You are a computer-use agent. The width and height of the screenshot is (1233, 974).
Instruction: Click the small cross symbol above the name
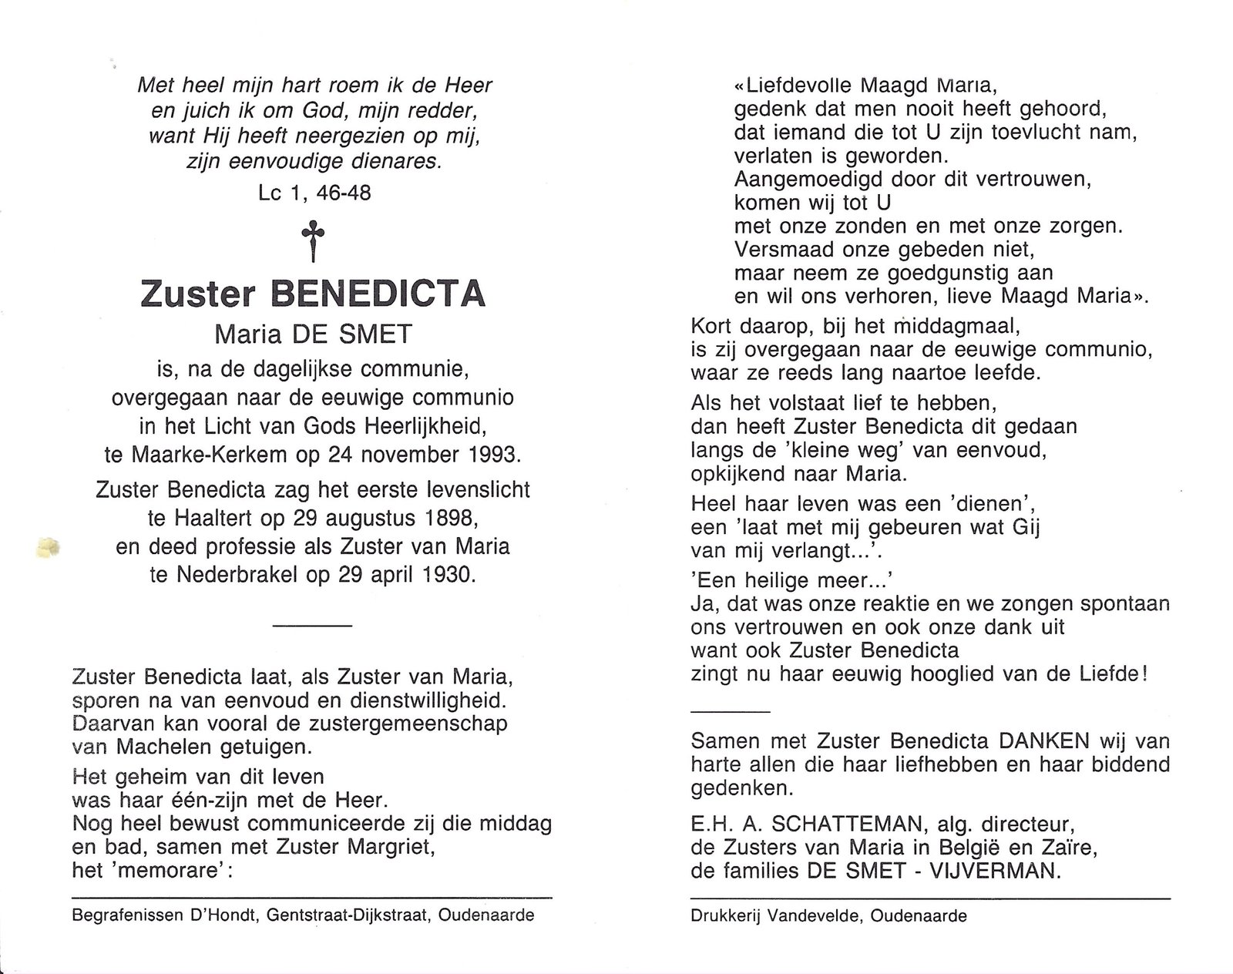(313, 240)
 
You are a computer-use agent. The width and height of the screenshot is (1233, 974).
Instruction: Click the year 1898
(439, 520)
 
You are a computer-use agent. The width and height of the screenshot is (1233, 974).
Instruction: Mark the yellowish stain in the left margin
(48, 548)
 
